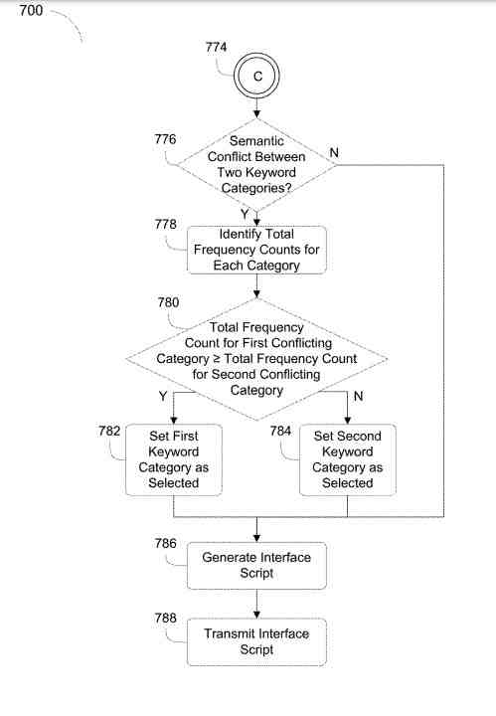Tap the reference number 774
click(216, 47)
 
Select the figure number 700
click(31, 10)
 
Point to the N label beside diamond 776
click(334, 152)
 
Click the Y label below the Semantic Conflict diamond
click(245, 214)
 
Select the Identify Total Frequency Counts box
click(256, 250)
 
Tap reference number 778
click(165, 224)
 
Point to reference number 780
click(168, 302)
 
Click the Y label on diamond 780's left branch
click(163, 396)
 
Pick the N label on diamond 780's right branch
click(358, 396)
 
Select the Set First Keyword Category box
click(174, 459)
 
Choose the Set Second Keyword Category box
click(348, 459)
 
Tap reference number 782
click(109, 431)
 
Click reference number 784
click(280, 431)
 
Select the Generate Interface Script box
click(256, 566)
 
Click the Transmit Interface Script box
click(256, 642)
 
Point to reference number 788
click(165, 619)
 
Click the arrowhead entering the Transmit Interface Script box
click(256, 616)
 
